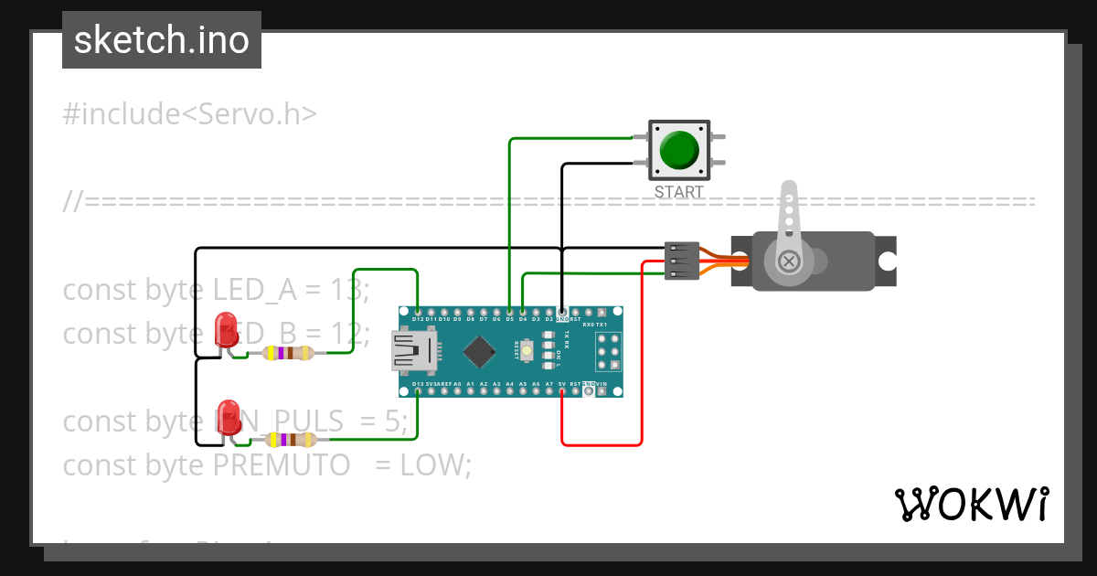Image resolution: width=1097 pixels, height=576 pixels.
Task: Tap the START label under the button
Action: click(x=679, y=192)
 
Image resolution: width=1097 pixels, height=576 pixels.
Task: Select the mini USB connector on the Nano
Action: click(x=414, y=351)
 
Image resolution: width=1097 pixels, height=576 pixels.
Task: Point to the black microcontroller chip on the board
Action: click(x=480, y=351)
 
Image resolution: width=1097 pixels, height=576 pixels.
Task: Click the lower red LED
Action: click(x=228, y=414)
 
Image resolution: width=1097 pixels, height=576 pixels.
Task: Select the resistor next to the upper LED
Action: click(x=288, y=353)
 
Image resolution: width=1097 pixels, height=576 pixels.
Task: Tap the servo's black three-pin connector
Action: click(x=682, y=261)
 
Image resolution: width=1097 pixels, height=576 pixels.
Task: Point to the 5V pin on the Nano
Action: click(x=561, y=391)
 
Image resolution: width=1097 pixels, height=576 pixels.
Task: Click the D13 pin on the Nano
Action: click(x=417, y=391)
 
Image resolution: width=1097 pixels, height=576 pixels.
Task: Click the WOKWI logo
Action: click(x=971, y=504)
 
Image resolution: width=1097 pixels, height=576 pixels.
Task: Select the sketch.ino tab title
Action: click(x=162, y=40)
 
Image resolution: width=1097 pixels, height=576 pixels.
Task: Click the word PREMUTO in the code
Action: click(x=282, y=465)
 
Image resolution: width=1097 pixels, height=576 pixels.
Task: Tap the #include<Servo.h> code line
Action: click(x=190, y=114)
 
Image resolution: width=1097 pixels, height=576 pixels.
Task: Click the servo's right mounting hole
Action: click(x=886, y=261)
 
